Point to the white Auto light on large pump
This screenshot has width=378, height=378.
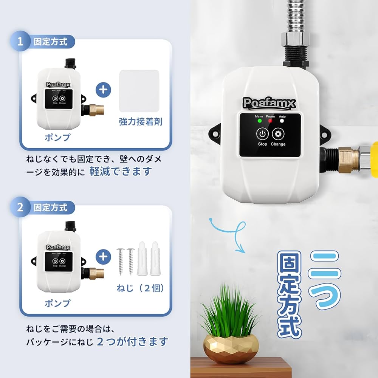[x=282, y=121]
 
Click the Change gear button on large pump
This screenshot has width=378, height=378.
[x=278, y=134]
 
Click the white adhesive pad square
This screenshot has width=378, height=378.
[x=139, y=91]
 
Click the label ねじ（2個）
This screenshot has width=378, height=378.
[x=140, y=288]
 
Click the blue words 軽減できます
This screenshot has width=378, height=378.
[x=120, y=171]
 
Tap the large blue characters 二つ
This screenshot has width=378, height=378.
[x=324, y=280]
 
